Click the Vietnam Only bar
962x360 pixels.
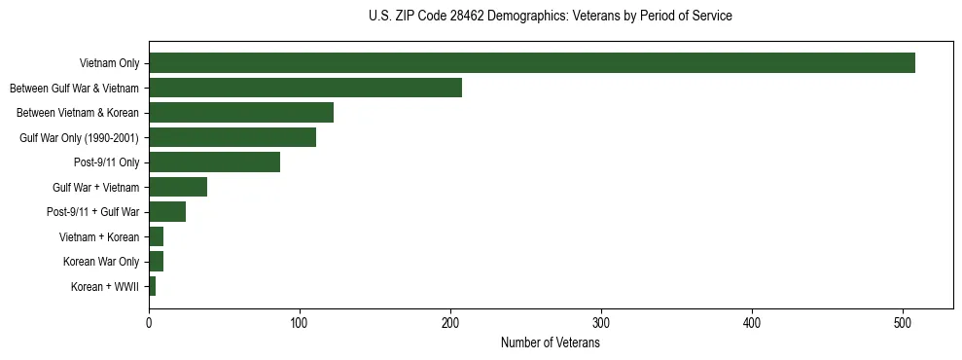pyautogui.click(x=531, y=63)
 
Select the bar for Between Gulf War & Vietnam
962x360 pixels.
pyautogui.click(x=305, y=88)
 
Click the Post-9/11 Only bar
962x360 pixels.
pyautogui.click(x=214, y=162)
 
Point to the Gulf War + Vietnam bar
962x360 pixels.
pyautogui.click(x=178, y=187)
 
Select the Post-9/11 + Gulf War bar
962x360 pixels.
pyautogui.click(x=167, y=212)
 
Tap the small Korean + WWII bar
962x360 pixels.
pyautogui.click(x=153, y=286)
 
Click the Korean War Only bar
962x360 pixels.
pyautogui.click(x=156, y=262)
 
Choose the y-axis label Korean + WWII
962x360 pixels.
pyautogui.click(x=105, y=287)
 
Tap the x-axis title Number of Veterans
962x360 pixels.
pyautogui.click(x=551, y=343)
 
